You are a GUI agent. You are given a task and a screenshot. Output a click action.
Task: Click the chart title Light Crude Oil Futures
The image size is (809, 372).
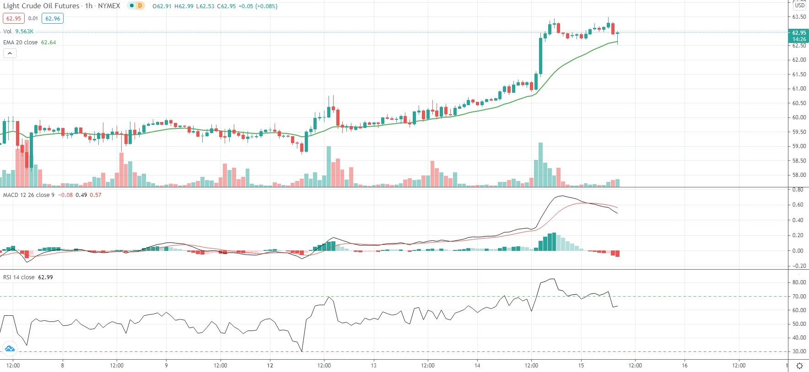pyautogui.click(x=41, y=6)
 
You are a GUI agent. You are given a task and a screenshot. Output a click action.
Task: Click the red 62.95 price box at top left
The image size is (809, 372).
pyautogui.click(x=13, y=19)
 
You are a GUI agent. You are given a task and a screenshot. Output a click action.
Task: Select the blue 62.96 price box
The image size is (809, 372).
pyautogui.click(x=53, y=19)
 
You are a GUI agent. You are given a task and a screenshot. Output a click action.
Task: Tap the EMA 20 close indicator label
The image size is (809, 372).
pyautogui.click(x=21, y=43)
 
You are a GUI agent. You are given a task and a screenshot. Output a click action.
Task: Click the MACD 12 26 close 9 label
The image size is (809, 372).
pyautogui.click(x=29, y=195)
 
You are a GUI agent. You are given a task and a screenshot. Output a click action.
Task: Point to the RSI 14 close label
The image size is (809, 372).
pyautogui.click(x=19, y=277)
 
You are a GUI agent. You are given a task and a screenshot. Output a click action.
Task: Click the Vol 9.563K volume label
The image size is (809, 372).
pyautogui.click(x=18, y=32)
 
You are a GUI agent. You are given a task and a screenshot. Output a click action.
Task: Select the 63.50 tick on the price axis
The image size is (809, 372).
pyautogui.click(x=799, y=17)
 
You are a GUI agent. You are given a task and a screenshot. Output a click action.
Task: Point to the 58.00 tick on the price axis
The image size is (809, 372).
pyautogui.click(x=799, y=175)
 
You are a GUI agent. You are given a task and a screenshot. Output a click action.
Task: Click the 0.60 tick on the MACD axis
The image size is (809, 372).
pyautogui.click(x=798, y=205)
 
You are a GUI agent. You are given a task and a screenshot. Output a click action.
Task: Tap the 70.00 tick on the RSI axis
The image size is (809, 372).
pyautogui.click(x=799, y=297)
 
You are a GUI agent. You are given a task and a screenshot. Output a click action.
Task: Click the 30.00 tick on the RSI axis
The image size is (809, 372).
pyautogui.click(x=799, y=351)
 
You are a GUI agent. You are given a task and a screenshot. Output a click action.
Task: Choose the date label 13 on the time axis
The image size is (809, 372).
pyautogui.click(x=373, y=365)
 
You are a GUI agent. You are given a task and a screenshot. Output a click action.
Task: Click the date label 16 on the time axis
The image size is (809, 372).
pyautogui.click(x=685, y=365)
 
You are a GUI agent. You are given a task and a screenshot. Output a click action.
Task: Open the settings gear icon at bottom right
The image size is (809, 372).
pyautogui.click(x=799, y=366)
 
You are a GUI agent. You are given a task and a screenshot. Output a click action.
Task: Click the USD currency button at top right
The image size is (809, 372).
pyautogui.click(x=799, y=5)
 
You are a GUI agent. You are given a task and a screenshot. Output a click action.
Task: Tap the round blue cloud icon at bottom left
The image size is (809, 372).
pyautogui.click(x=10, y=349)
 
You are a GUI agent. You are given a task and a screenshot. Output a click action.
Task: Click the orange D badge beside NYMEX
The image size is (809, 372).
pyautogui.click(x=140, y=6)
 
